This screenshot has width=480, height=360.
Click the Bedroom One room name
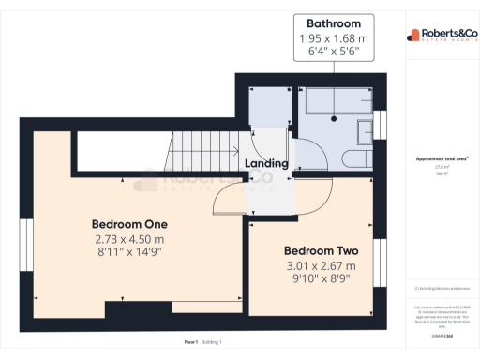pyautogui.click(x=129, y=224)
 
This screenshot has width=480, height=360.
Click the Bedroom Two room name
pyautogui.click(x=322, y=251)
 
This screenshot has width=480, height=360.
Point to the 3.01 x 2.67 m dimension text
pyautogui.click(x=322, y=266)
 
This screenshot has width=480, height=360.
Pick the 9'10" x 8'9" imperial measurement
pyautogui.click(x=322, y=280)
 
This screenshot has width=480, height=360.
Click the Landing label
pyautogui.click(x=266, y=164)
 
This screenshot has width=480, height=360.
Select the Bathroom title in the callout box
pyautogui.click(x=334, y=23)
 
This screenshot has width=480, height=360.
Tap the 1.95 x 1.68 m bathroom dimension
pyautogui.click(x=334, y=38)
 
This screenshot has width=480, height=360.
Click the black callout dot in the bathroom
pyautogui.click(x=334, y=120)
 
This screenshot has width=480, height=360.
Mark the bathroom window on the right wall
pyautogui.click(x=380, y=125)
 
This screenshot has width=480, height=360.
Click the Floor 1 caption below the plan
pyautogui.click(x=190, y=342)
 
